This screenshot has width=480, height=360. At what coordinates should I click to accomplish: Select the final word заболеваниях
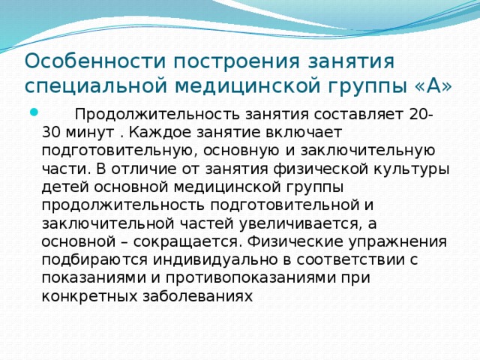click(x=202, y=295)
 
